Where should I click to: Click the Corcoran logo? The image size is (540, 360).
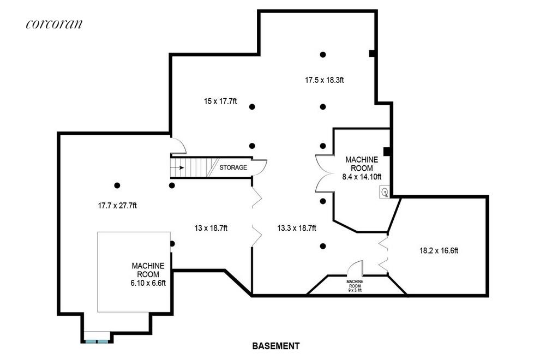[x=54, y=23]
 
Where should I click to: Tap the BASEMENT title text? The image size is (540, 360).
[x=275, y=346]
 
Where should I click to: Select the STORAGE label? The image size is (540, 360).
[x=233, y=167]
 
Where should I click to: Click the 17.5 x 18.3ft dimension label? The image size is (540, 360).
[x=324, y=80]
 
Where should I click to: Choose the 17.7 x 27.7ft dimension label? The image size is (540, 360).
[x=117, y=206]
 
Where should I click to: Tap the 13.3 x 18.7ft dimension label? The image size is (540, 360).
[x=297, y=228]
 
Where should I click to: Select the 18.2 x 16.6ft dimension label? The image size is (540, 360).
[x=439, y=251]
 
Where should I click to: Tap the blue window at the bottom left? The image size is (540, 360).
[x=97, y=341]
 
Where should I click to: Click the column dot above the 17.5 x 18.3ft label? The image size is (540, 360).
[x=323, y=55]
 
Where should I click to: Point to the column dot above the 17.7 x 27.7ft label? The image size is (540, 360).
[x=117, y=185]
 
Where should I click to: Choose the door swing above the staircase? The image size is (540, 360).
[x=178, y=146]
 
